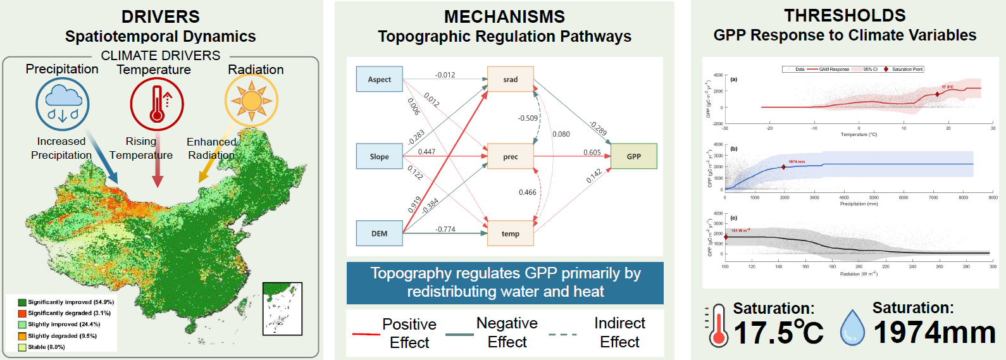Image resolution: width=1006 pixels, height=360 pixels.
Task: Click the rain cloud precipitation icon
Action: (63, 104)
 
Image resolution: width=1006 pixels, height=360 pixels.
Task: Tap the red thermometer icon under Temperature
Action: (157, 104)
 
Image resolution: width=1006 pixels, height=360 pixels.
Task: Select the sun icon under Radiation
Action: (251, 101)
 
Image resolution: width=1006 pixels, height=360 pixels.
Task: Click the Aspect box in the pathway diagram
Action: (380, 79)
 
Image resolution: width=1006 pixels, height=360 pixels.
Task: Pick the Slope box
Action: (380, 156)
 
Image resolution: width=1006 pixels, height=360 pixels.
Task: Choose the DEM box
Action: (380, 233)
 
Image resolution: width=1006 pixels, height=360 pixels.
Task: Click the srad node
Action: (511, 79)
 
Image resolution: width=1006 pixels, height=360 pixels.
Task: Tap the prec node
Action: (511, 156)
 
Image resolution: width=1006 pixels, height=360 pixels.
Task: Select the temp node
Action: (511, 233)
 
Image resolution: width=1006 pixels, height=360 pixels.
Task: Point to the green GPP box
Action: (634, 156)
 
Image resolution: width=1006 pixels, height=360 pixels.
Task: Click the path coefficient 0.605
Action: (592, 152)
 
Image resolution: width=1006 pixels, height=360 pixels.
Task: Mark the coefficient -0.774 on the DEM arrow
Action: (445, 229)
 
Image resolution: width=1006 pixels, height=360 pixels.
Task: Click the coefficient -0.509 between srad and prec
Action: (528, 118)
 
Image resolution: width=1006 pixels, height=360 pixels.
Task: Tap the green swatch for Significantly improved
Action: (22, 302)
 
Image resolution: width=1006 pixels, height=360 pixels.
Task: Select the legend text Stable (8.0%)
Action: (46, 347)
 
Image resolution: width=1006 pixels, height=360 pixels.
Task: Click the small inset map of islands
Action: (282, 309)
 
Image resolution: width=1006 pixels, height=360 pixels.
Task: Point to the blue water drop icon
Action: (852, 328)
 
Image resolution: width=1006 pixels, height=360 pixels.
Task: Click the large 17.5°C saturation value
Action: (778, 332)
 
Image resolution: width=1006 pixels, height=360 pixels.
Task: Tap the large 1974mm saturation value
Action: (935, 332)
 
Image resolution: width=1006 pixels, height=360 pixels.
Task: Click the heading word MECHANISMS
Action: (504, 16)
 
